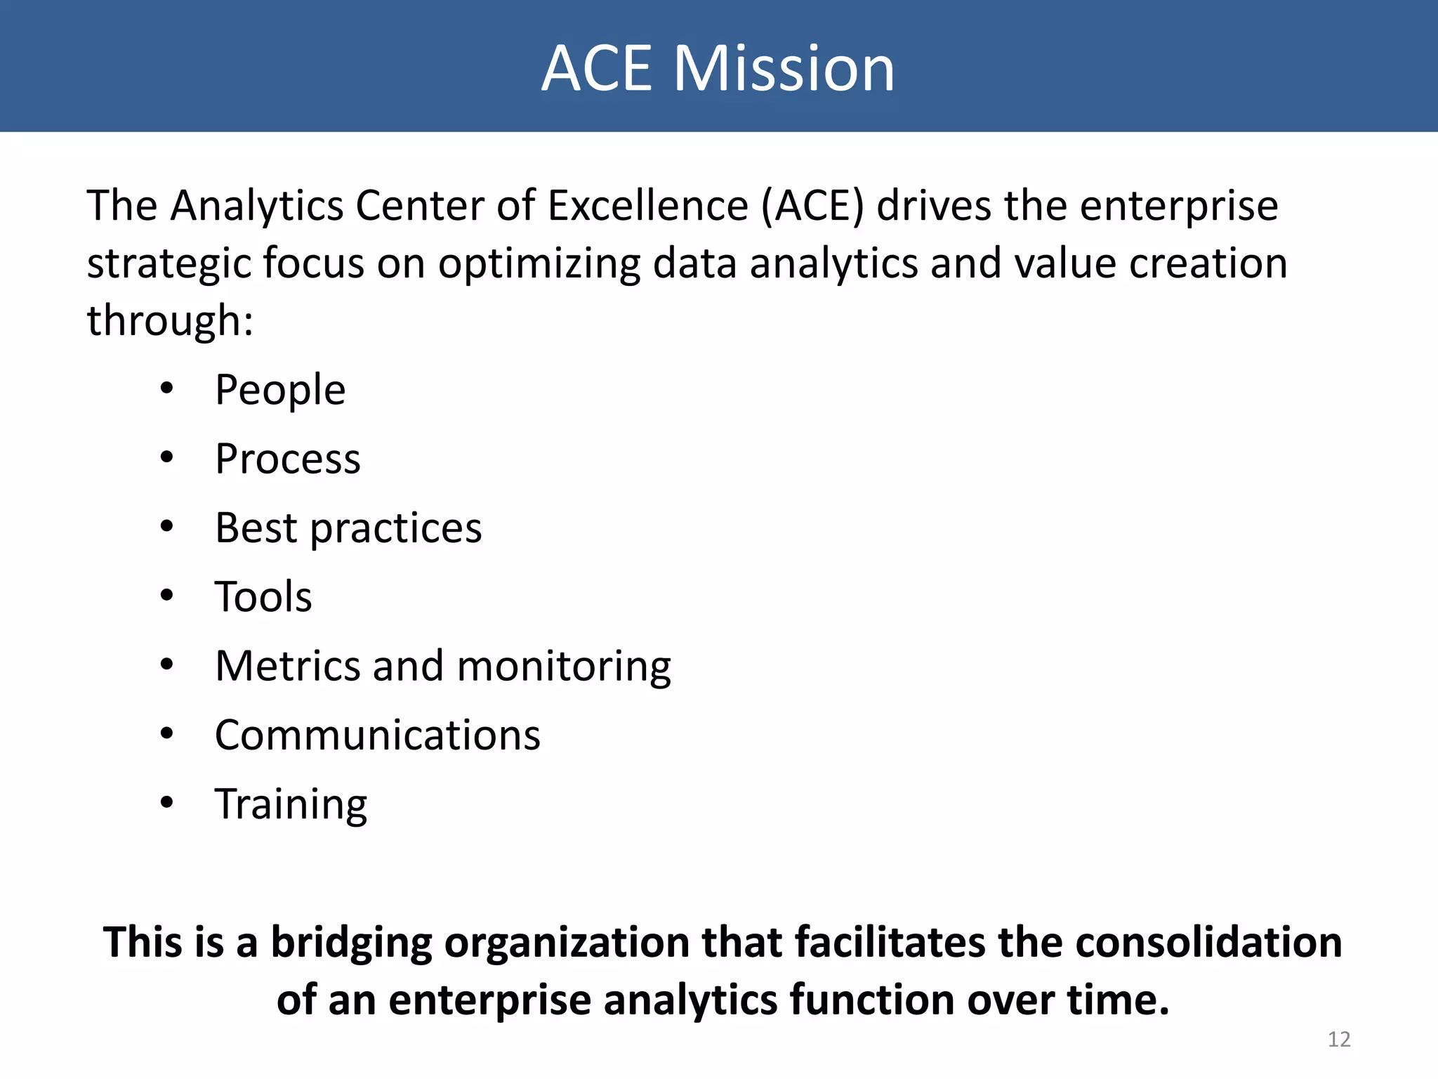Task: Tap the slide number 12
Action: click(x=1339, y=1039)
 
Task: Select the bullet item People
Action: click(x=280, y=391)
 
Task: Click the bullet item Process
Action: click(x=287, y=459)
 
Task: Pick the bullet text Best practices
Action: click(x=348, y=528)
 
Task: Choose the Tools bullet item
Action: click(x=263, y=597)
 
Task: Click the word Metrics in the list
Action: click(x=289, y=666)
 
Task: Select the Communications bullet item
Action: click(x=378, y=735)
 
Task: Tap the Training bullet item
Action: click(x=291, y=804)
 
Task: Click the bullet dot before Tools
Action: click(x=166, y=596)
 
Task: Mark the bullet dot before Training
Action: click(x=166, y=802)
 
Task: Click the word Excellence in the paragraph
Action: click(x=647, y=207)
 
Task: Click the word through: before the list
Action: click(x=169, y=322)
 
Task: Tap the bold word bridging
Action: click(x=351, y=943)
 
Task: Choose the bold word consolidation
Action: click(x=1208, y=942)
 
